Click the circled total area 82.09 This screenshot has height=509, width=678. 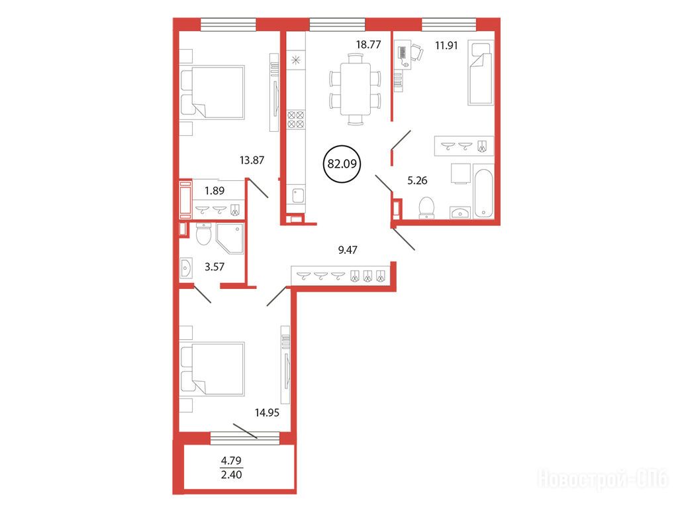tap(342, 164)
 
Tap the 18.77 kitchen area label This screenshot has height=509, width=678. tap(368, 44)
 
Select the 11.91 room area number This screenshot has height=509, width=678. tap(446, 46)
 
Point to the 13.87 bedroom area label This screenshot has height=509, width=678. tap(252, 160)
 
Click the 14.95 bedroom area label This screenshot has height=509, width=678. tap(267, 413)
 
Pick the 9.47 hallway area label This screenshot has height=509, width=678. tap(347, 250)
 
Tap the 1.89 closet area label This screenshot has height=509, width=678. tap(215, 190)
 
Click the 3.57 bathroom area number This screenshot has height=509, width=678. tap(215, 266)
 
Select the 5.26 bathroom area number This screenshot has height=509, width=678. tap(417, 180)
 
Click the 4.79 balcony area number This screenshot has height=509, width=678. tap(231, 461)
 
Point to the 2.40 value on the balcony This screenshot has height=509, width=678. tap(231, 475)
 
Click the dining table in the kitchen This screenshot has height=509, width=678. tap(356, 89)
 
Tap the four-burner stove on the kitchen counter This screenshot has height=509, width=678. tap(296, 119)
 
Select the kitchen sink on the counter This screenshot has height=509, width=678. tap(298, 196)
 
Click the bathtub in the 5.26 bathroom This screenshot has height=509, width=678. tap(483, 192)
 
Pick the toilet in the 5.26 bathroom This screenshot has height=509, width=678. tap(426, 207)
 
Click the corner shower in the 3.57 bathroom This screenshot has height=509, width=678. tap(230, 239)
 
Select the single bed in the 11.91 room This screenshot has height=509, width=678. tap(481, 73)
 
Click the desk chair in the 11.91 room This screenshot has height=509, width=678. tap(416, 52)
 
